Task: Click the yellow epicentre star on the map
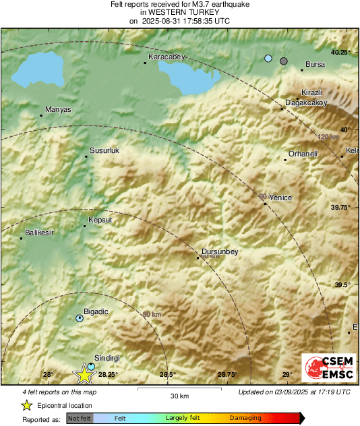tap(84, 375)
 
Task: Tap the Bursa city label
tap(315, 65)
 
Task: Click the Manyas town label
tap(57, 109)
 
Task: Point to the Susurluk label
tap(104, 151)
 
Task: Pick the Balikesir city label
tap(39, 233)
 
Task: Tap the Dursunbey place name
tap(221, 252)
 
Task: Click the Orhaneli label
tap(303, 154)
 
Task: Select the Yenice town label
tap(280, 197)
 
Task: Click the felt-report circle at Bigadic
tap(80, 317)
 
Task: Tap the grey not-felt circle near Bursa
tap(284, 61)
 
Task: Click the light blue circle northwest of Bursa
tap(268, 59)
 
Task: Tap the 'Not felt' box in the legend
tap(80, 419)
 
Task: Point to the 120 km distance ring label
tap(327, 137)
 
